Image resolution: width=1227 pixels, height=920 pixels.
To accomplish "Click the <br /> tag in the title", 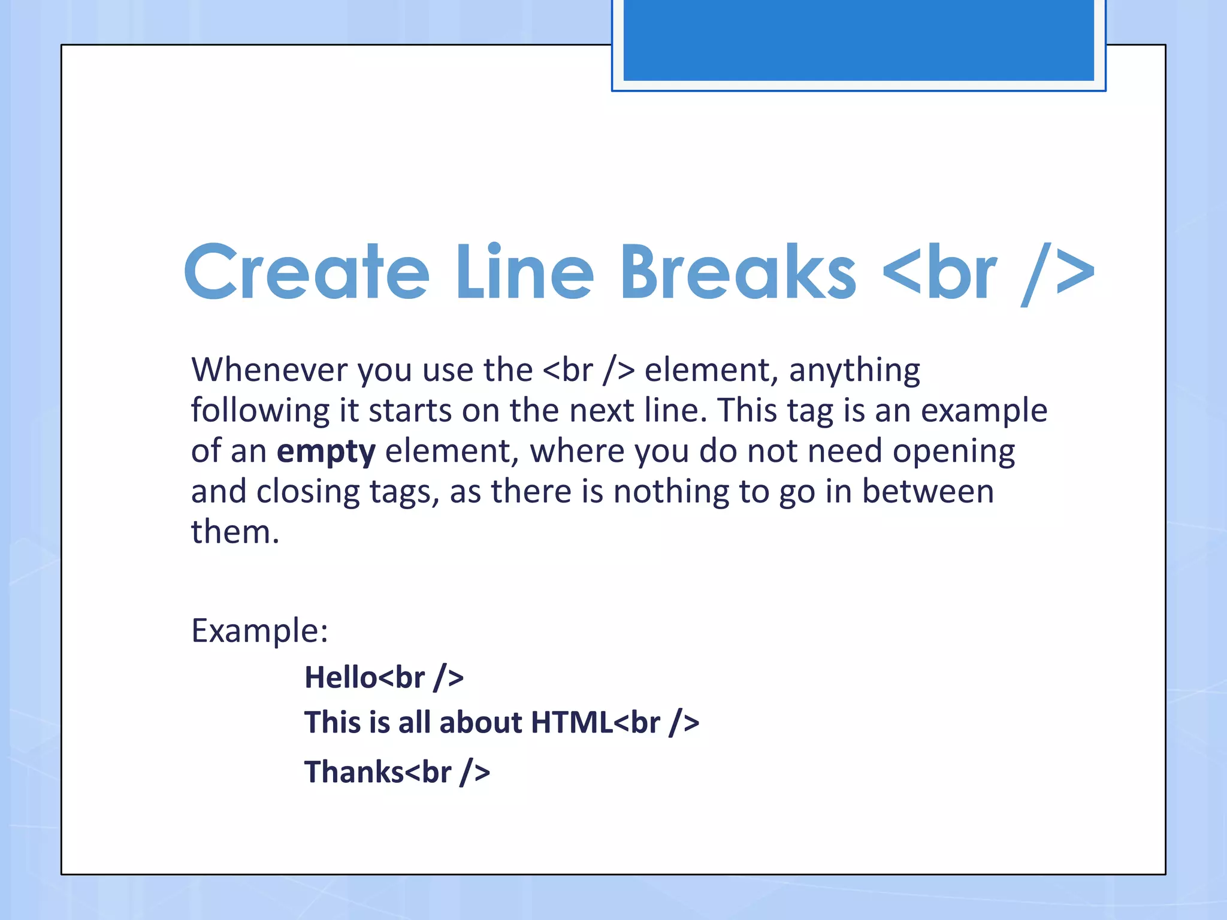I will point(989,273).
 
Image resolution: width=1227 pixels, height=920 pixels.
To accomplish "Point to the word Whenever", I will point(269,370).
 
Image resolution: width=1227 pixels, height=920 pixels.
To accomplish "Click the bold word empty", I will point(326,452).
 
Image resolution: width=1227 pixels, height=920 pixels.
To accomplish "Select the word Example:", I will point(259,630).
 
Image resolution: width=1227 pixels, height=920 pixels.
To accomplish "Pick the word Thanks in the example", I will point(353,771).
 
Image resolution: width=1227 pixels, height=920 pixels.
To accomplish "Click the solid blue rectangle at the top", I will point(858,40).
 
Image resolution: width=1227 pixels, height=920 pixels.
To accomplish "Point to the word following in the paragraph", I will point(260,411).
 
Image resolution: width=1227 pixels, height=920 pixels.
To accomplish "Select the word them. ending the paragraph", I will point(235,532).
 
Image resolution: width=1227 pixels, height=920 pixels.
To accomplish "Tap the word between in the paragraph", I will point(927,492).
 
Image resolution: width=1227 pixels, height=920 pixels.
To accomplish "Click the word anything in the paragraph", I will point(854,371).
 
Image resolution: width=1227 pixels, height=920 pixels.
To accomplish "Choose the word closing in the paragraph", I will point(308,492).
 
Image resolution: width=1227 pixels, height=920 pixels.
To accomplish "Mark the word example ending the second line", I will point(984,411).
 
